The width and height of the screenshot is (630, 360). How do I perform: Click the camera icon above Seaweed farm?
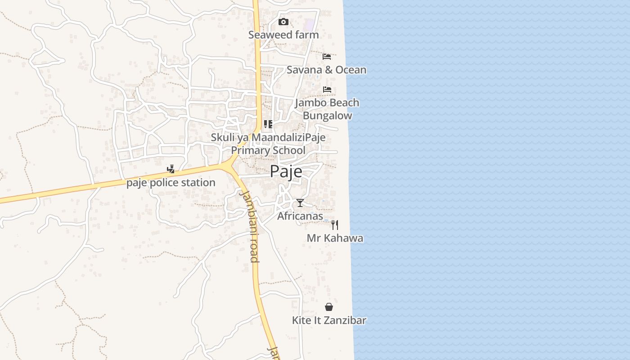[x=283, y=22]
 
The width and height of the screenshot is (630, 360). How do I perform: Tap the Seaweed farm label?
[x=283, y=35]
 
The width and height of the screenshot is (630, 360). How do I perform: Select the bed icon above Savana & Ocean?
[x=327, y=57]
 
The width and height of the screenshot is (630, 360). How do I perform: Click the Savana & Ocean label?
[x=326, y=70]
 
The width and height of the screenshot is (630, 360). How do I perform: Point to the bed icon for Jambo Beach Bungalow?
[x=327, y=90]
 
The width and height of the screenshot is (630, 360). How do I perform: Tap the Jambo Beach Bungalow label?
[x=327, y=109]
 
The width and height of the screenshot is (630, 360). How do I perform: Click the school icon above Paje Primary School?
[x=268, y=124]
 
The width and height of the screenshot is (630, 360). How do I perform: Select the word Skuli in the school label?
[x=223, y=137]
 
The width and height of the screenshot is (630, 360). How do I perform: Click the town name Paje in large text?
[x=286, y=172]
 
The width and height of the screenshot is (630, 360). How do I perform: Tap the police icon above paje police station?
[x=171, y=170]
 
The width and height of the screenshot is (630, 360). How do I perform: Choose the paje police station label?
[x=171, y=183]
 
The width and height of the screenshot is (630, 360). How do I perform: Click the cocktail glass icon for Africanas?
[x=300, y=203]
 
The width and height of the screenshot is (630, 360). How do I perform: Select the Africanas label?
[x=300, y=216]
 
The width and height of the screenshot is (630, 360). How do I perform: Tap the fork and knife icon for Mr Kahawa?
[x=335, y=225]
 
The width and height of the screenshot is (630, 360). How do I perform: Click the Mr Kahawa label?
[x=335, y=238]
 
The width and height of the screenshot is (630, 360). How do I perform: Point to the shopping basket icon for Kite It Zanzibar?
[x=329, y=307]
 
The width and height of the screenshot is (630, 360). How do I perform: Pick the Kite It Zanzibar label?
[x=329, y=320]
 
